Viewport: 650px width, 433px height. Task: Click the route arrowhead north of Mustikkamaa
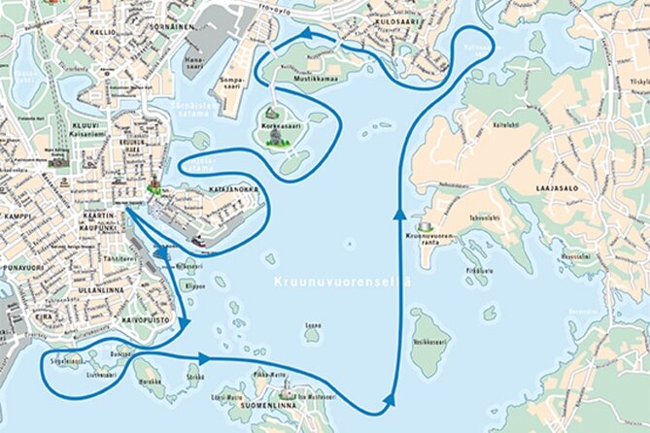click(x=308, y=33)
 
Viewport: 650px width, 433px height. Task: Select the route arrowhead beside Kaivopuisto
click(x=183, y=326)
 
